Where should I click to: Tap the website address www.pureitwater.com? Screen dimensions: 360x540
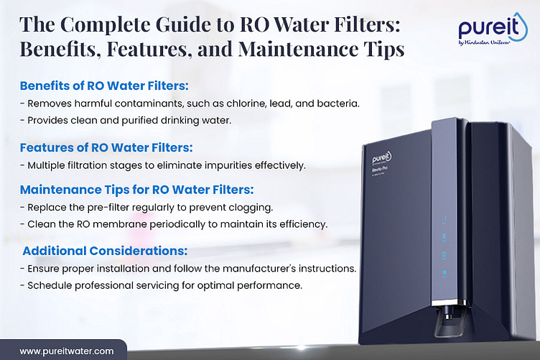[66, 351]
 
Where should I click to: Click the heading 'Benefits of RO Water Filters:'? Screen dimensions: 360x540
[104, 86]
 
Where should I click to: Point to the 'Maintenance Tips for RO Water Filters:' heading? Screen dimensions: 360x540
[137, 190]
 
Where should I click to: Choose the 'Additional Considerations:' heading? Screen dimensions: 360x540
[106, 251]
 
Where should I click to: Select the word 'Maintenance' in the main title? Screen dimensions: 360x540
[284, 52]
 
